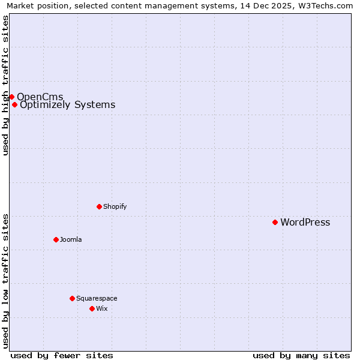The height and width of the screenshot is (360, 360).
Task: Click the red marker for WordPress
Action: [275, 222]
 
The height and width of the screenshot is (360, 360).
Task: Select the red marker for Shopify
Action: [99, 206]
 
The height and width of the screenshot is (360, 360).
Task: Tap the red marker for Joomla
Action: [56, 239]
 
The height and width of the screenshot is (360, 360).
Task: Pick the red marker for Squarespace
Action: [72, 298]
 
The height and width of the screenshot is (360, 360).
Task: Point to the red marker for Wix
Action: [92, 308]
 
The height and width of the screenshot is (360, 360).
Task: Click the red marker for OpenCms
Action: [11, 97]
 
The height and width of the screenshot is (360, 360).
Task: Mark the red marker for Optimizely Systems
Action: [14, 104]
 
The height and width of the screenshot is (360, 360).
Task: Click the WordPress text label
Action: [305, 223]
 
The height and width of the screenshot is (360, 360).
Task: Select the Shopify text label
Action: [115, 206]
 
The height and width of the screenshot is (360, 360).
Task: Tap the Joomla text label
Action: [71, 239]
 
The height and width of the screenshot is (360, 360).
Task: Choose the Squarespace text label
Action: [97, 298]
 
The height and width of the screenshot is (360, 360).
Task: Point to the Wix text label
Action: [101, 308]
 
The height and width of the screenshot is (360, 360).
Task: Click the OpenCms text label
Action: [40, 97]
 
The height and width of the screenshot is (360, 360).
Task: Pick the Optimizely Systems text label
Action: [67, 105]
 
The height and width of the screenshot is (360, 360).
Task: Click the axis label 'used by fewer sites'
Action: [62, 355]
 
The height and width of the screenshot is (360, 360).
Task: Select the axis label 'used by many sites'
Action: [301, 355]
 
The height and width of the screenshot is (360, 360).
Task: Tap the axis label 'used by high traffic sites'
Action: [6, 85]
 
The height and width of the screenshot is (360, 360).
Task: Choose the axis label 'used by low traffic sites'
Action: [6, 281]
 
